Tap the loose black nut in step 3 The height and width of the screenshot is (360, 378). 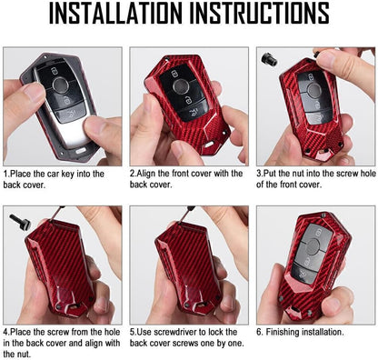[x=269, y=59]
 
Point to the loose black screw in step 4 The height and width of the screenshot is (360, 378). [x=20, y=222]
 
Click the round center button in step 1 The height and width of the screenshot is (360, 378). [x=60, y=85]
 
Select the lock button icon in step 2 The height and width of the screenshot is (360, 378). [x=174, y=74]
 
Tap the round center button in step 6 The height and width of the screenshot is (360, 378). [x=313, y=246]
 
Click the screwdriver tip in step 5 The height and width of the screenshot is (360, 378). [x=181, y=223]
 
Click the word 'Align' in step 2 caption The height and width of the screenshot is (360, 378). [x=146, y=174]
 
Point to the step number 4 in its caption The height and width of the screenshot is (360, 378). [x=5, y=333]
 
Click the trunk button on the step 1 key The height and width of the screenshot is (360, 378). [x=70, y=115]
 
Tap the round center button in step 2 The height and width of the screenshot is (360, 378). [x=181, y=86]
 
